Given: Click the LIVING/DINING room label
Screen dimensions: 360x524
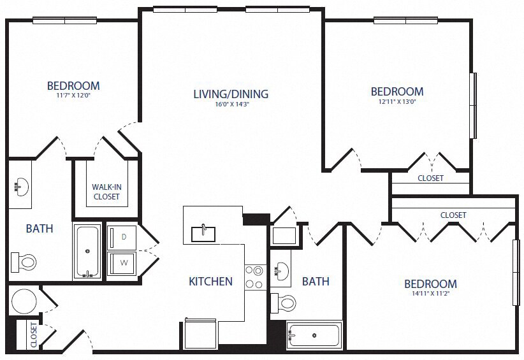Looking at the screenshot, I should pyautogui.click(x=231, y=94).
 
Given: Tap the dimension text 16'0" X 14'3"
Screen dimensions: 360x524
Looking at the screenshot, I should pyautogui.click(x=231, y=105).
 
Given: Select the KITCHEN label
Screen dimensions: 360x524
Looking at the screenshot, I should pyautogui.click(x=210, y=281).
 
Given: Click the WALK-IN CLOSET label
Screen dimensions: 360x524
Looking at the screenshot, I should pyautogui.click(x=106, y=192).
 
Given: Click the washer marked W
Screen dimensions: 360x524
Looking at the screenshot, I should pyautogui.click(x=124, y=262).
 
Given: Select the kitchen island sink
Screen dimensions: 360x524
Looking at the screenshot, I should pyautogui.click(x=203, y=233).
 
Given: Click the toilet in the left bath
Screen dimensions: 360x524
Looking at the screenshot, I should pyautogui.click(x=24, y=261).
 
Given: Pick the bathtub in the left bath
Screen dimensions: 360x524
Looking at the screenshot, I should pyautogui.click(x=87, y=251).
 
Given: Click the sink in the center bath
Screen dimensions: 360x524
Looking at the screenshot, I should pyautogui.click(x=281, y=273).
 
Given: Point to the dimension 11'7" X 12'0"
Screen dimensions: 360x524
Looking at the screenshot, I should pyautogui.click(x=73, y=97).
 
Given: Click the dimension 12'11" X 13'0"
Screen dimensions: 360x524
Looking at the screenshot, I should pyautogui.click(x=397, y=102).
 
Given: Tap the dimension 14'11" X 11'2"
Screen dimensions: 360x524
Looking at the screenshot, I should pyautogui.click(x=430, y=294).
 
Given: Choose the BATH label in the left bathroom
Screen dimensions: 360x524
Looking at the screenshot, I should pyautogui.click(x=40, y=228).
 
